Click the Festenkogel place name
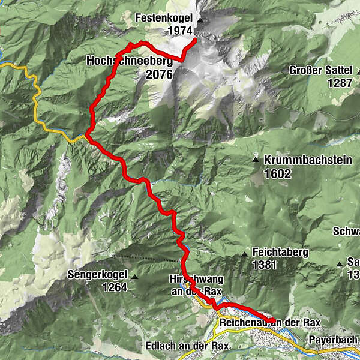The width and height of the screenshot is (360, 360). point(164,18)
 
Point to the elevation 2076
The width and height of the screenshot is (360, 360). point(158,74)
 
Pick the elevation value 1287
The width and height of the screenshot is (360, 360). point(340,83)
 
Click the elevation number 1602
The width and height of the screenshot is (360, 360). point(277,174)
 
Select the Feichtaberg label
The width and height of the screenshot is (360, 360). point(280,253)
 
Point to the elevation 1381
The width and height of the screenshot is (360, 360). point(265,264)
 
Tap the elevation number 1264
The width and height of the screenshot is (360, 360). point(115,287)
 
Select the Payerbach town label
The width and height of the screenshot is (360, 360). point(334,339)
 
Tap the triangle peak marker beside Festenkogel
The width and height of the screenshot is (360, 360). point(200,20)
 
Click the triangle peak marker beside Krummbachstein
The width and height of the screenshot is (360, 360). point(256,161)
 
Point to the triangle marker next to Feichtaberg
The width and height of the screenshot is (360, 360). point(245,255)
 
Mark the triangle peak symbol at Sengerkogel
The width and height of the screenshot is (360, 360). point(136,277)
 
